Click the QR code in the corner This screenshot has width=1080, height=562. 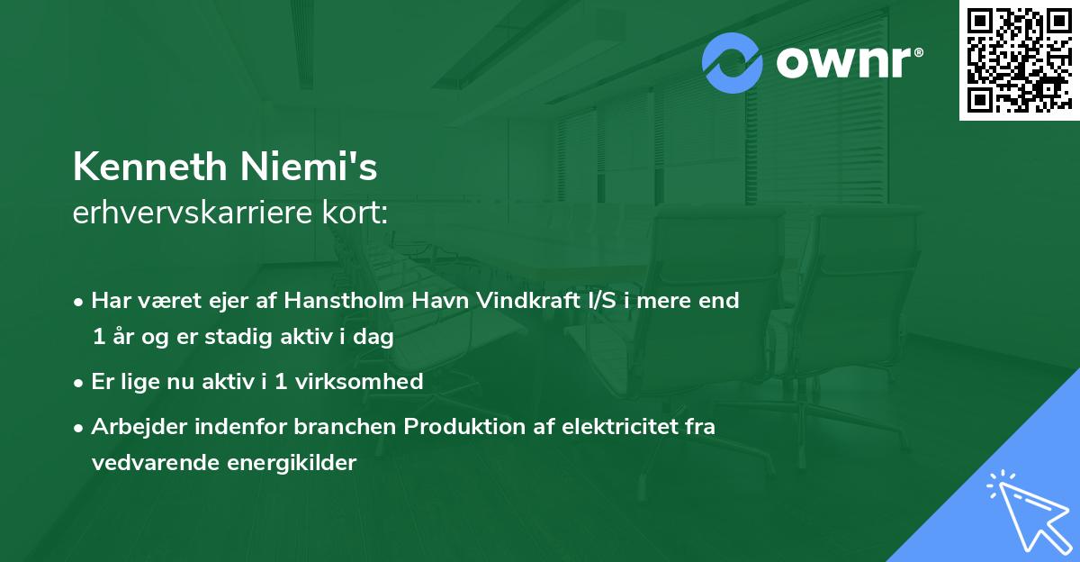click(1019, 60)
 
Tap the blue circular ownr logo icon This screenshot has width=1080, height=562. click(733, 62)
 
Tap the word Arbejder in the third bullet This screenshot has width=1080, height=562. click(131, 427)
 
